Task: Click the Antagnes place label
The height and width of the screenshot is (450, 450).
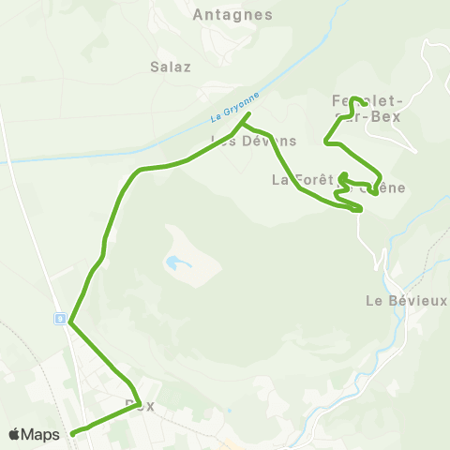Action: click(x=232, y=15)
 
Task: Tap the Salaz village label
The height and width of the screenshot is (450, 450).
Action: click(x=171, y=67)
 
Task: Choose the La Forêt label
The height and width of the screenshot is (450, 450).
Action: click(x=297, y=178)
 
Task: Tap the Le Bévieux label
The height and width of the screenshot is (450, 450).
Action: click(x=405, y=301)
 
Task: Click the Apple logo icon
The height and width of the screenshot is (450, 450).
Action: click(x=15, y=434)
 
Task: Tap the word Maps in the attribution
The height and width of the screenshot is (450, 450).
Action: click(x=42, y=434)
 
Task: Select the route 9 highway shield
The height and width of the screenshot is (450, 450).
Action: click(x=60, y=319)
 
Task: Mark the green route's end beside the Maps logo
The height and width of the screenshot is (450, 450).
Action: click(x=72, y=433)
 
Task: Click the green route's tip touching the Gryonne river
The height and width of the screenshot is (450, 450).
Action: click(x=248, y=115)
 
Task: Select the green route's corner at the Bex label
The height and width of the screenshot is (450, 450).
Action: click(x=139, y=403)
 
